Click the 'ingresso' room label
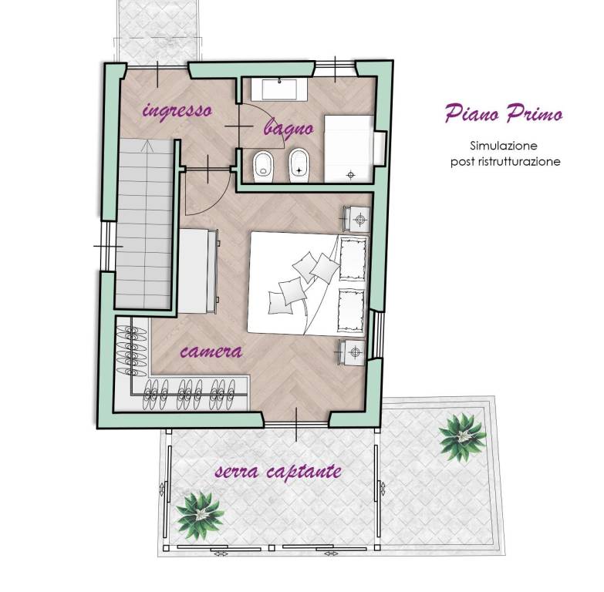pyautogui.click(x=177, y=111)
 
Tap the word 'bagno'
pyautogui.click(x=289, y=127)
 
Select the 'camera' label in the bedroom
pyautogui.click(x=211, y=351)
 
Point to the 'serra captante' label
pyautogui.click(x=278, y=472)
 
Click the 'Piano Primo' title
pyautogui.click(x=504, y=113)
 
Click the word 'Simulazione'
pyautogui.click(x=504, y=146)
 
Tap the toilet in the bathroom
pyautogui.click(x=264, y=166)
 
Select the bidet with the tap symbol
pyautogui.click(x=299, y=165)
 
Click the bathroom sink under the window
pyautogui.click(x=279, y=89)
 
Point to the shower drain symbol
pyautogui.click(x=350, y=175)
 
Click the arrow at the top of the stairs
pyautogui.click(x=147, y=146)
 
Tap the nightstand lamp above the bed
pyautogui.click(x=360, y=220)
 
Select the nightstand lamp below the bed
pyautogui.click(x=355, y=351)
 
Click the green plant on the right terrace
pyautogui.click(x=462, y=437)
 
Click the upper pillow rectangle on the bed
pyautogui.click(x=353, y=258)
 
